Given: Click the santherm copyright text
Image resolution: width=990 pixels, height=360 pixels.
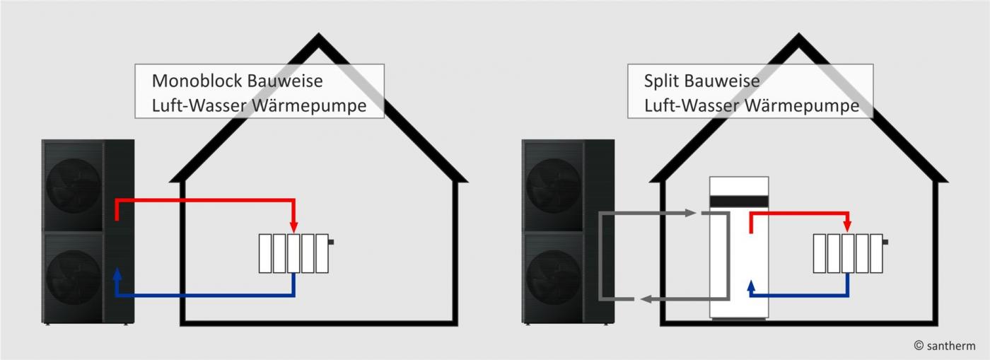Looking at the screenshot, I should tap(944, 346).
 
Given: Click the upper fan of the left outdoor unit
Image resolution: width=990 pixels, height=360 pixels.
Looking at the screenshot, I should tap(74, 185).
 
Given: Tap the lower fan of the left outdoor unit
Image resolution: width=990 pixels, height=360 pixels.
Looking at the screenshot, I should tap(74, 277).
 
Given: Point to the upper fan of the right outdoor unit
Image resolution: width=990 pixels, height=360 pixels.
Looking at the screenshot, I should tap(554, 185).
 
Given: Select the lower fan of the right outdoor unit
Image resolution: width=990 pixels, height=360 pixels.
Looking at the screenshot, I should tap(554, 277).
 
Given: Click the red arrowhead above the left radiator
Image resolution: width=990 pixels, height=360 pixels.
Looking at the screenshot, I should tap(293, 226).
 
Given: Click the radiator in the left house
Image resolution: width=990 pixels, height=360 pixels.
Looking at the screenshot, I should tap(293, 253).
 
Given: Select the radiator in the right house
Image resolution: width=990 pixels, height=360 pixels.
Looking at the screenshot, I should tap(848, 253).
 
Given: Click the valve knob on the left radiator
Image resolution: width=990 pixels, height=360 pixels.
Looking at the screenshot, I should tap(331, 242).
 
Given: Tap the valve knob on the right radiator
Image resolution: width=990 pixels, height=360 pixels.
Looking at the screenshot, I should tap(885, 242).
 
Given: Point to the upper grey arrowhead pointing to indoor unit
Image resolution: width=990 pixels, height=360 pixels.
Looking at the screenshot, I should tap(691, 213).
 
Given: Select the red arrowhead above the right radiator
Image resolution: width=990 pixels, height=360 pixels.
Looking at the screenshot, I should tap(848, 226).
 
